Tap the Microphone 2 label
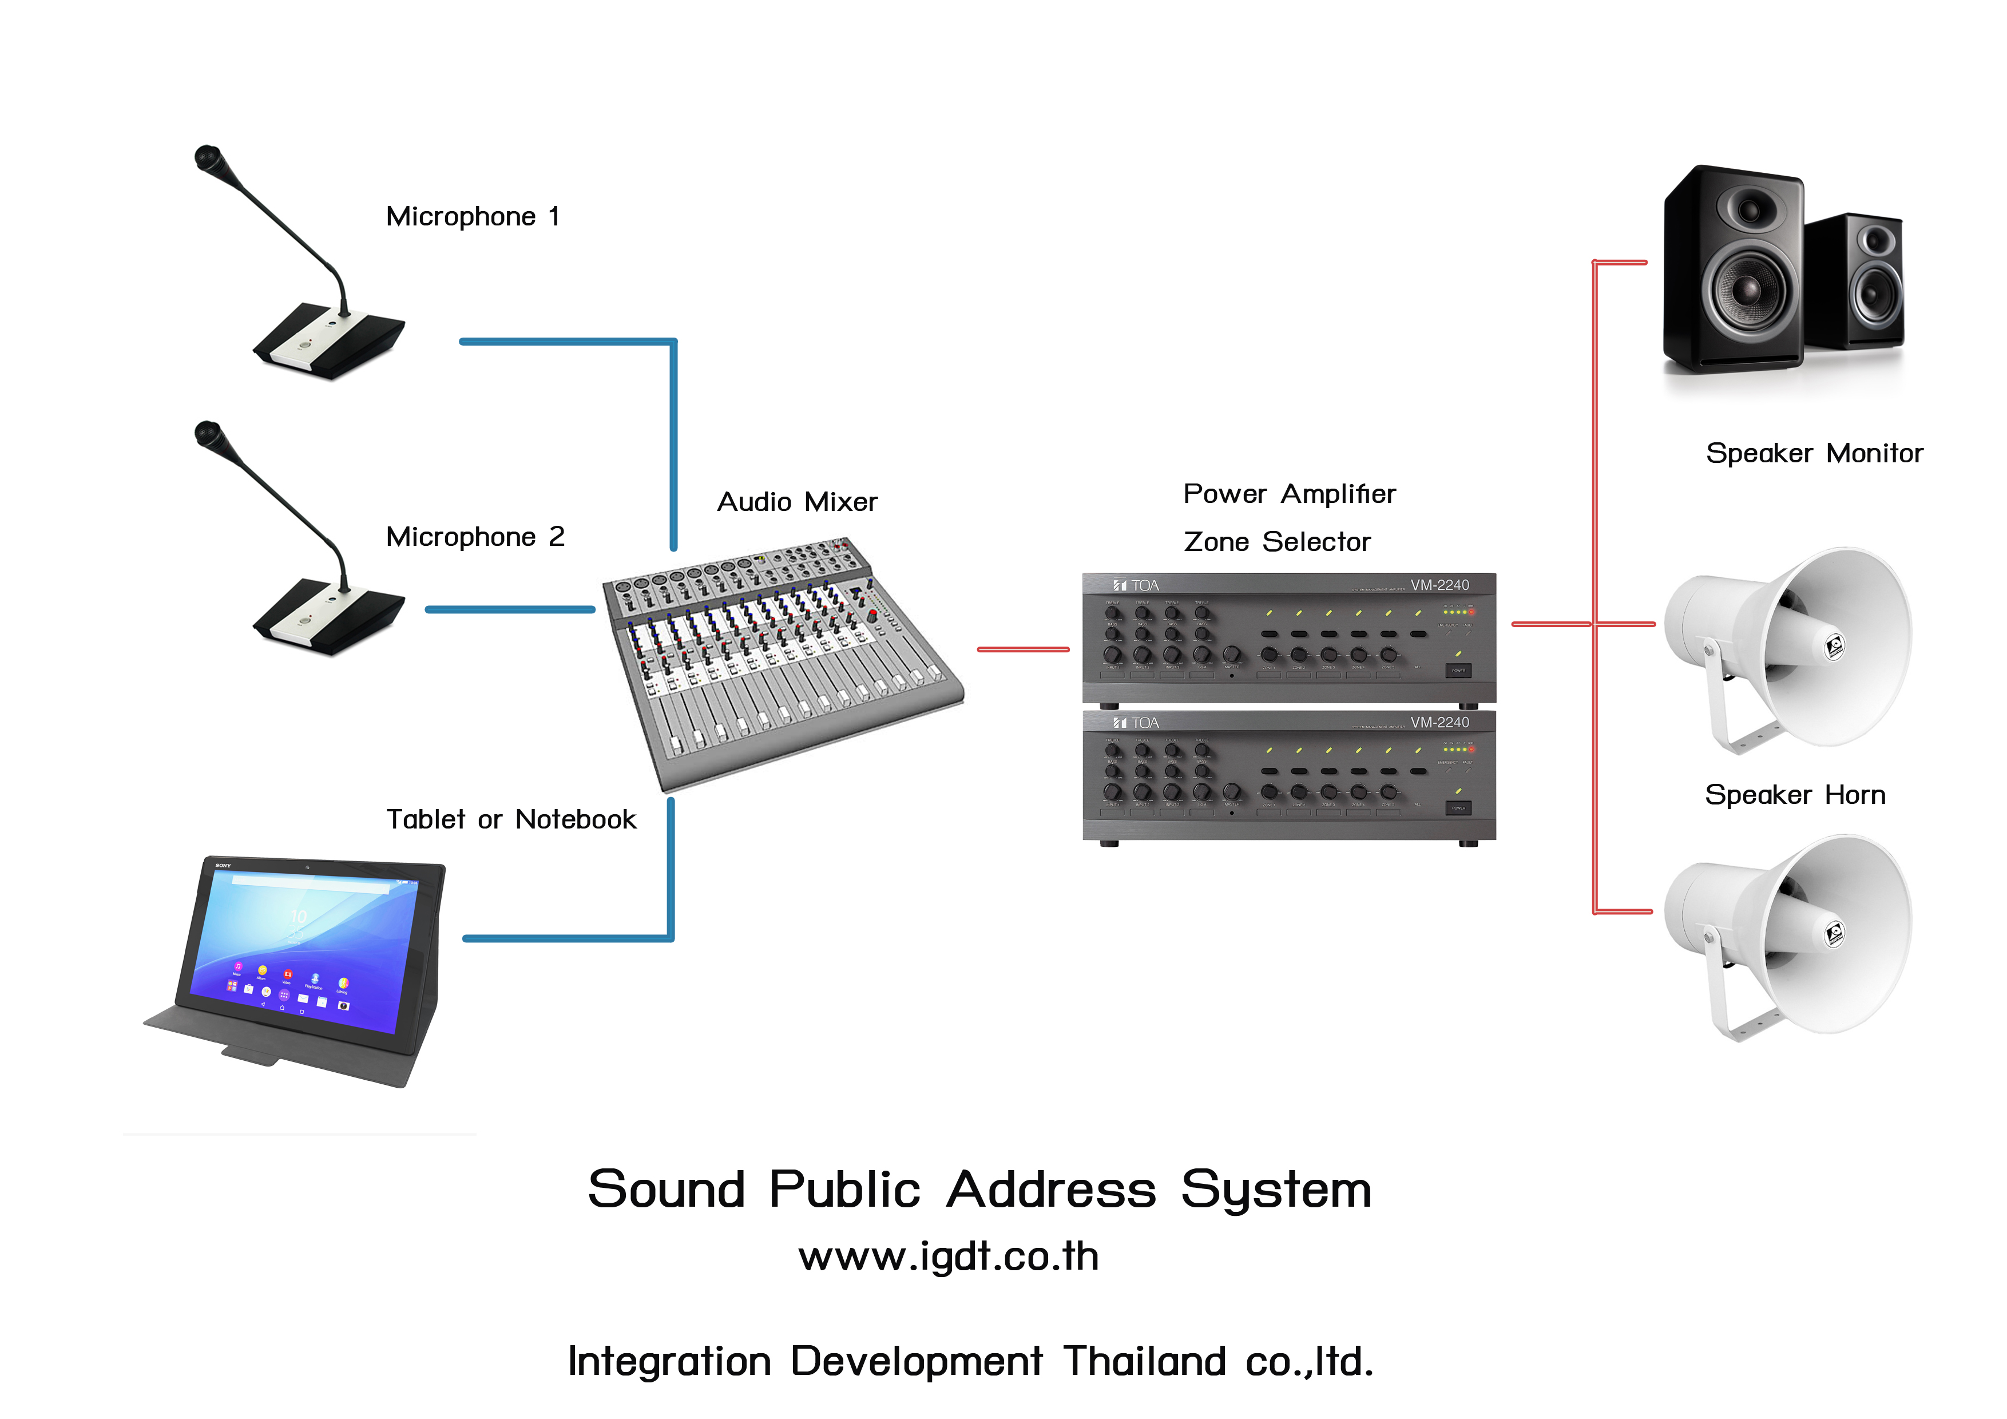475,536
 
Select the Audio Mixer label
796,502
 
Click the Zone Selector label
1276,542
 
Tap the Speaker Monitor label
1814,453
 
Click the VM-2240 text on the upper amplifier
1439,585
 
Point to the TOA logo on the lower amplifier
1136,723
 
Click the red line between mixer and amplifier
1023,649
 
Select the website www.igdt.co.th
949,1257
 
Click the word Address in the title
1052,1190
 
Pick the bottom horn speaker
1788,936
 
